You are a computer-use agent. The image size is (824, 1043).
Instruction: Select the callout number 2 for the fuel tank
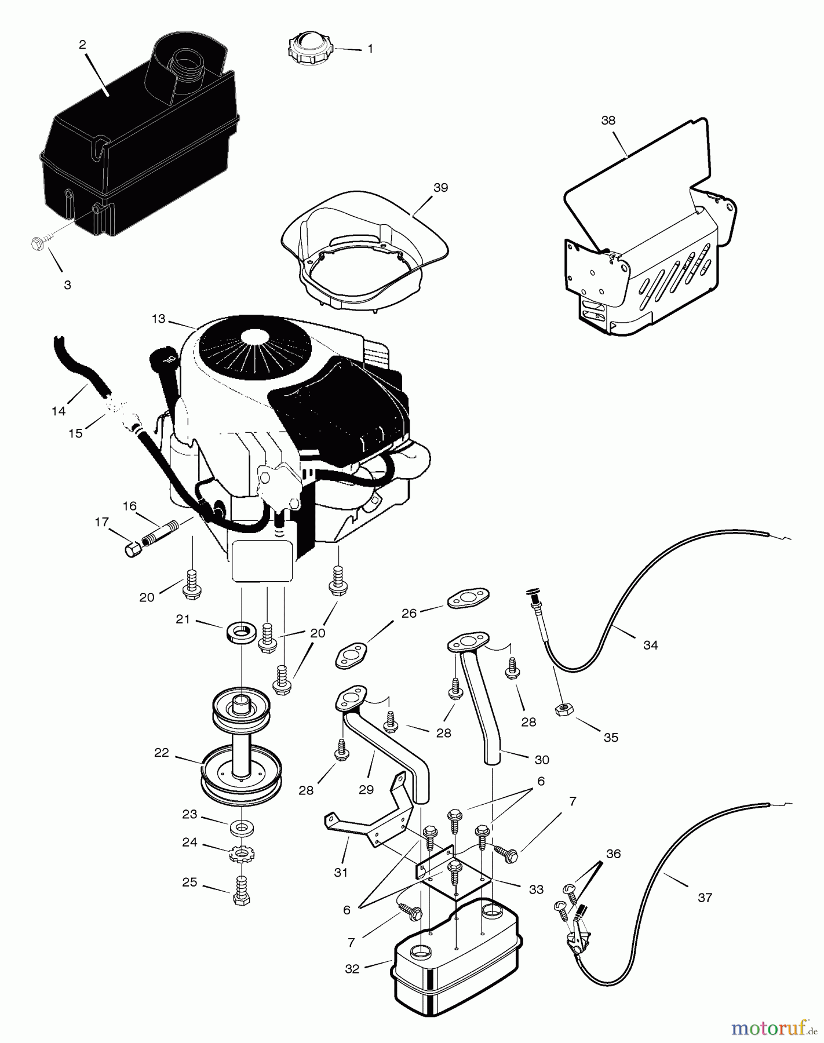point(82,44)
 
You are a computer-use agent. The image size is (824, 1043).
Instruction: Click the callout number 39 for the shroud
point(440,188)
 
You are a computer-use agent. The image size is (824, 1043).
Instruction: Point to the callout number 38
point(608,121)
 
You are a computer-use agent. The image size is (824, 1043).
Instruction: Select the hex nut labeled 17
point(132,548)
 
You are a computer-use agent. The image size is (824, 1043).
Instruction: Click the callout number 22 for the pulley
point(161,753)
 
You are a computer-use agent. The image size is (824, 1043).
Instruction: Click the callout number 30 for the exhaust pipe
point(542,759)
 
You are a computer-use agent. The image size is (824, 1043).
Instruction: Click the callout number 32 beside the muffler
point(352,969)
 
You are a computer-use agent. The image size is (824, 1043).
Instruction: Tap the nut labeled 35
point(561,709)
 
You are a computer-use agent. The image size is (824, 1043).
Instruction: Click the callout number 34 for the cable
point(650,645)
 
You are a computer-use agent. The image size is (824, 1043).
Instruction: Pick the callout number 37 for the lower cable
point(705,898)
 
